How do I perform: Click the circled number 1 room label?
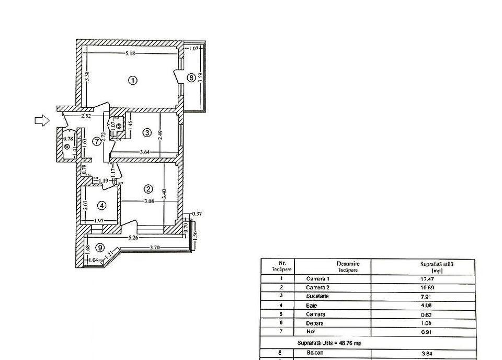click(x=133, y=81)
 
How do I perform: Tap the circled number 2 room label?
click(x=149, y=189)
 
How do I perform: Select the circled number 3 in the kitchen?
click(x=147, y=133)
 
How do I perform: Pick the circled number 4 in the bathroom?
click(x=102, y=205)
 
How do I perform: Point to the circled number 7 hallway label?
click(x=97, y=141)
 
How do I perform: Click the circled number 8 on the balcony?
click(x=191, y=78)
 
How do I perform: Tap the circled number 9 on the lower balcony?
click(x=99, y=248)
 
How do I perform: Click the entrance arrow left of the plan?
click(x=42, y=121)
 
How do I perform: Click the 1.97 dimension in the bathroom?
click(x=100, y=221)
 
